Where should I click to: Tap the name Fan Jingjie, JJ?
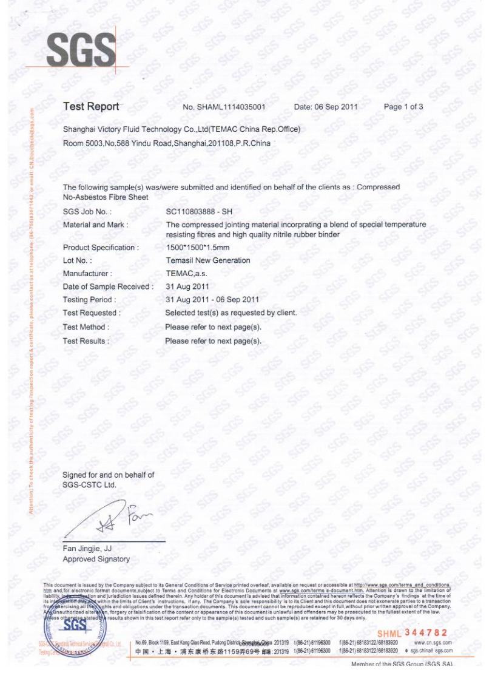pos(89,549)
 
